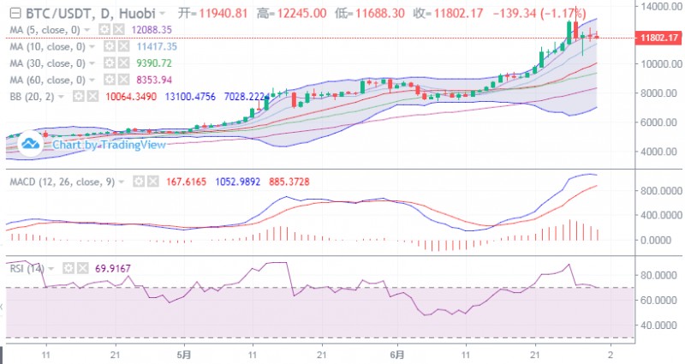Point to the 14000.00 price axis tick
tap(655, 6)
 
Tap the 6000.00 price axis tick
tap(655, 122)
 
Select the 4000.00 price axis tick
tap(655, 152)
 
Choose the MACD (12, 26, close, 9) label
tap(65, 182)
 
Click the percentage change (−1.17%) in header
tap(558, 14)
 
